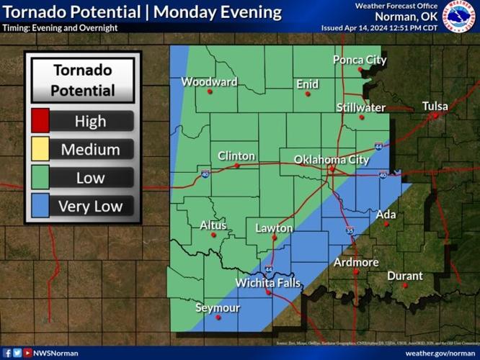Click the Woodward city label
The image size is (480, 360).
209,81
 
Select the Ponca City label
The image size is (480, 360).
360,60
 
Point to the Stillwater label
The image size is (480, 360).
361,107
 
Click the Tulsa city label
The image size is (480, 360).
435,106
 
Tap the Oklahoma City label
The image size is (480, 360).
332,159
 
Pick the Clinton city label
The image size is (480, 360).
236,156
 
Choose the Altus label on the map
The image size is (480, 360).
213,225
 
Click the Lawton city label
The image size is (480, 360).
275,228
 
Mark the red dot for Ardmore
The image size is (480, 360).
355,271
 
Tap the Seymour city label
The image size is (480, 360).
218,307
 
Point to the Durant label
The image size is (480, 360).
405,276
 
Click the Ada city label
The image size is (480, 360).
386,214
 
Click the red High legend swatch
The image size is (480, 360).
39,121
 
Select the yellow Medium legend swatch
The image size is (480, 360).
39,150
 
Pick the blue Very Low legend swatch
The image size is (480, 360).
39,207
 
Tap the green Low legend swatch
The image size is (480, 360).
39,178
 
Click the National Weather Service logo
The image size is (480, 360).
458,16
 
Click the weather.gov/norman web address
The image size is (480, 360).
440,353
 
